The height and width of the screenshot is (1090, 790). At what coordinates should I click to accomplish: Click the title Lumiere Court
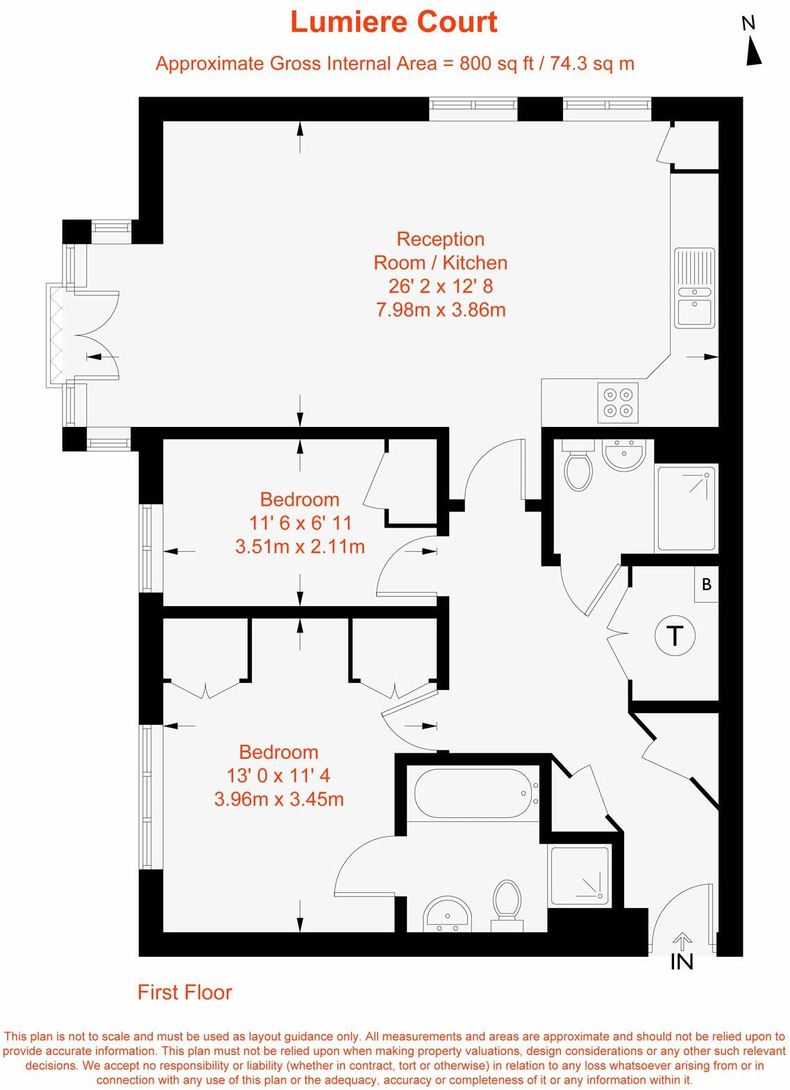tap(394, 22)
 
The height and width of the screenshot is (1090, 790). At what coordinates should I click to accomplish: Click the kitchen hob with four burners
tap(618, 403)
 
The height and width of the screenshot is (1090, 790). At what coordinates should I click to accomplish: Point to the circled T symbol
tap(675, 635)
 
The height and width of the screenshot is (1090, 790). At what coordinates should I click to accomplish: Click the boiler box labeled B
tap(707, 584)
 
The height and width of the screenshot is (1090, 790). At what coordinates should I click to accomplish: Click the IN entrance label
tap(682, 962)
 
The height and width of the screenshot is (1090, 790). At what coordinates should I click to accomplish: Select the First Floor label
tap(185, 992)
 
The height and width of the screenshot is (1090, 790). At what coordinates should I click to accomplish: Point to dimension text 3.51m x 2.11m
tap(300, 546)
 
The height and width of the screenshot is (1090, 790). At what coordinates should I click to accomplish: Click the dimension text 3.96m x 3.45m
tap(279, 799)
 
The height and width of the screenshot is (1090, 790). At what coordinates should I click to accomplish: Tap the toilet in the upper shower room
tap(578, 468)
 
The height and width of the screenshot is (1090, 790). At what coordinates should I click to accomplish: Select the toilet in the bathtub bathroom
tap(507, 901)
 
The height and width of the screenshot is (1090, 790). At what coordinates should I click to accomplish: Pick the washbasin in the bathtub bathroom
tap(447, 914)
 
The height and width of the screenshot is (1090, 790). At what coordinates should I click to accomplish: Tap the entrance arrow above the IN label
tap(682, 941)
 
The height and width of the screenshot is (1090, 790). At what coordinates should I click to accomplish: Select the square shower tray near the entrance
tap(580, 875)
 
